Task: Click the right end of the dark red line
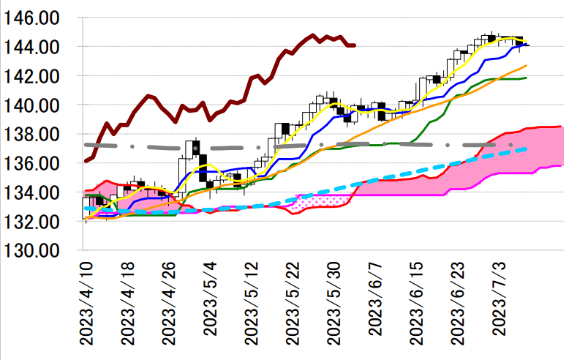[355, 45]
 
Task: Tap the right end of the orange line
[527, 66]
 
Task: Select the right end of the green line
[527, 78]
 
